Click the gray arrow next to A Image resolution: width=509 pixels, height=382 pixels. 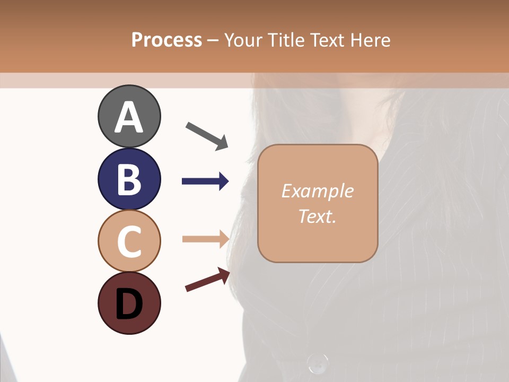click(207, 135)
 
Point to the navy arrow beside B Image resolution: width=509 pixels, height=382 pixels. click(205, 181)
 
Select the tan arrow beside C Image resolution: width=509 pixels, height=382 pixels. click(205, 239)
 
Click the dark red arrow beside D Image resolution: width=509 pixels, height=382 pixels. click(207, 280)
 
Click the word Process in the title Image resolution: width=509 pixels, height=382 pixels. click(166, 40)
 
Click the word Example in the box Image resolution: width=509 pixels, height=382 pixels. click(317, 191)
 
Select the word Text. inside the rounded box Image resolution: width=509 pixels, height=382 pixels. click(317, 216)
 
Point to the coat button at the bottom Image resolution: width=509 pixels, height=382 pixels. click(317, 363)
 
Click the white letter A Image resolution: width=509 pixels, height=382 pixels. click(129, 117)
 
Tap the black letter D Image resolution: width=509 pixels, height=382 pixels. click(129, 304)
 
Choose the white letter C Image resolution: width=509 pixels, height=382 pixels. click(129, 241)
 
